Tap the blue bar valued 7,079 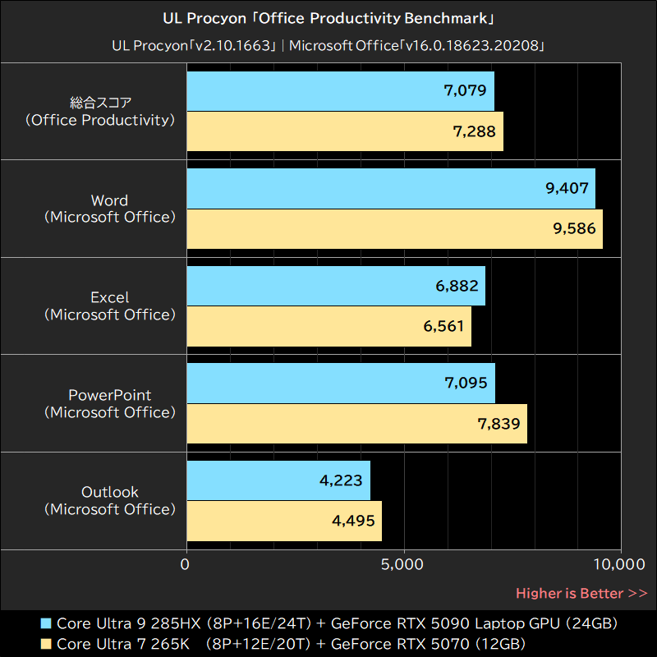(341, 91)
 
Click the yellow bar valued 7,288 (345, 131)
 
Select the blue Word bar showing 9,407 (391, 189)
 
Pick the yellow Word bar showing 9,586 (395, 229)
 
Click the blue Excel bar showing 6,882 (336, 286)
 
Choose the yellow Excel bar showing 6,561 (329, 326)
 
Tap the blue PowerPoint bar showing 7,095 (341, 384)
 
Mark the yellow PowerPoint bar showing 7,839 (357, 424)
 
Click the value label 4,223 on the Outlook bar (341, 480)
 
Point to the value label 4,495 (352, 521)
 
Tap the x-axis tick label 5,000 (403, 564)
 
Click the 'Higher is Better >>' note (581, 593)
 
